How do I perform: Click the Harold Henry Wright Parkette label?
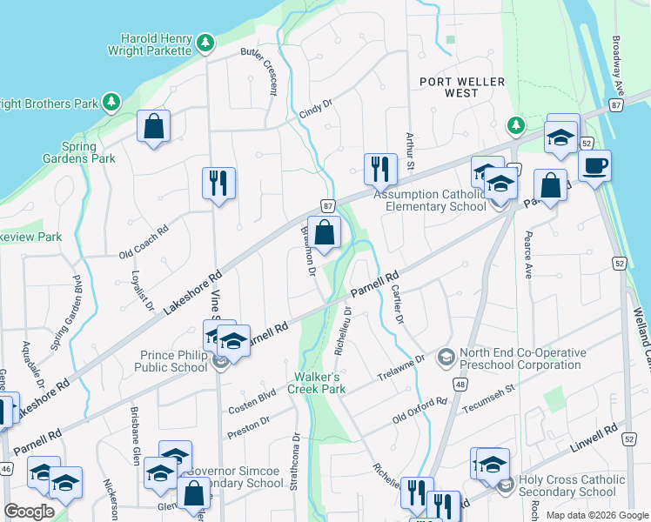[x=155, y=45]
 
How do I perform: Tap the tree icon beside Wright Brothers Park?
[x=111, y=104]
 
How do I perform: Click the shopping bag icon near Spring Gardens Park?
[x=154, y=127]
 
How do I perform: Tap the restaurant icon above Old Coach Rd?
[x=218, y=183]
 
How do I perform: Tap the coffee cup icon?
[x=594, y=166]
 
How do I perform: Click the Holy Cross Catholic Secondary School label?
[x=572, y=485]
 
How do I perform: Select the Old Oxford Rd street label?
[x=419, y=407]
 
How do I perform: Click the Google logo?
[x=29, y=512]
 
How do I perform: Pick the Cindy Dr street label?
[x=317, y=109]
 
